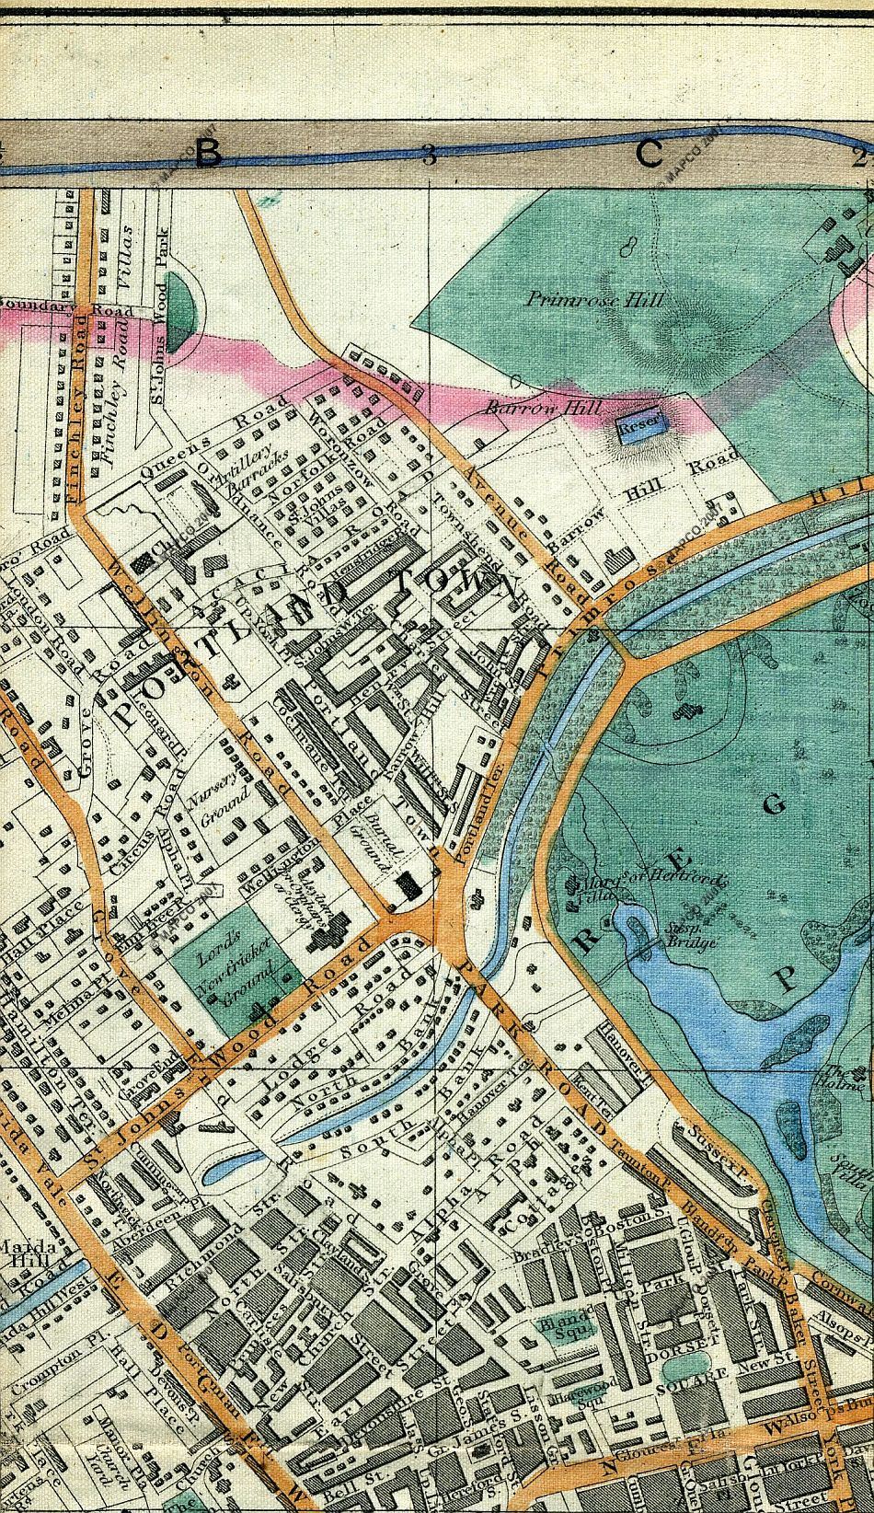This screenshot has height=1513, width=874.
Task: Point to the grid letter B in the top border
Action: tap(208, 155)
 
